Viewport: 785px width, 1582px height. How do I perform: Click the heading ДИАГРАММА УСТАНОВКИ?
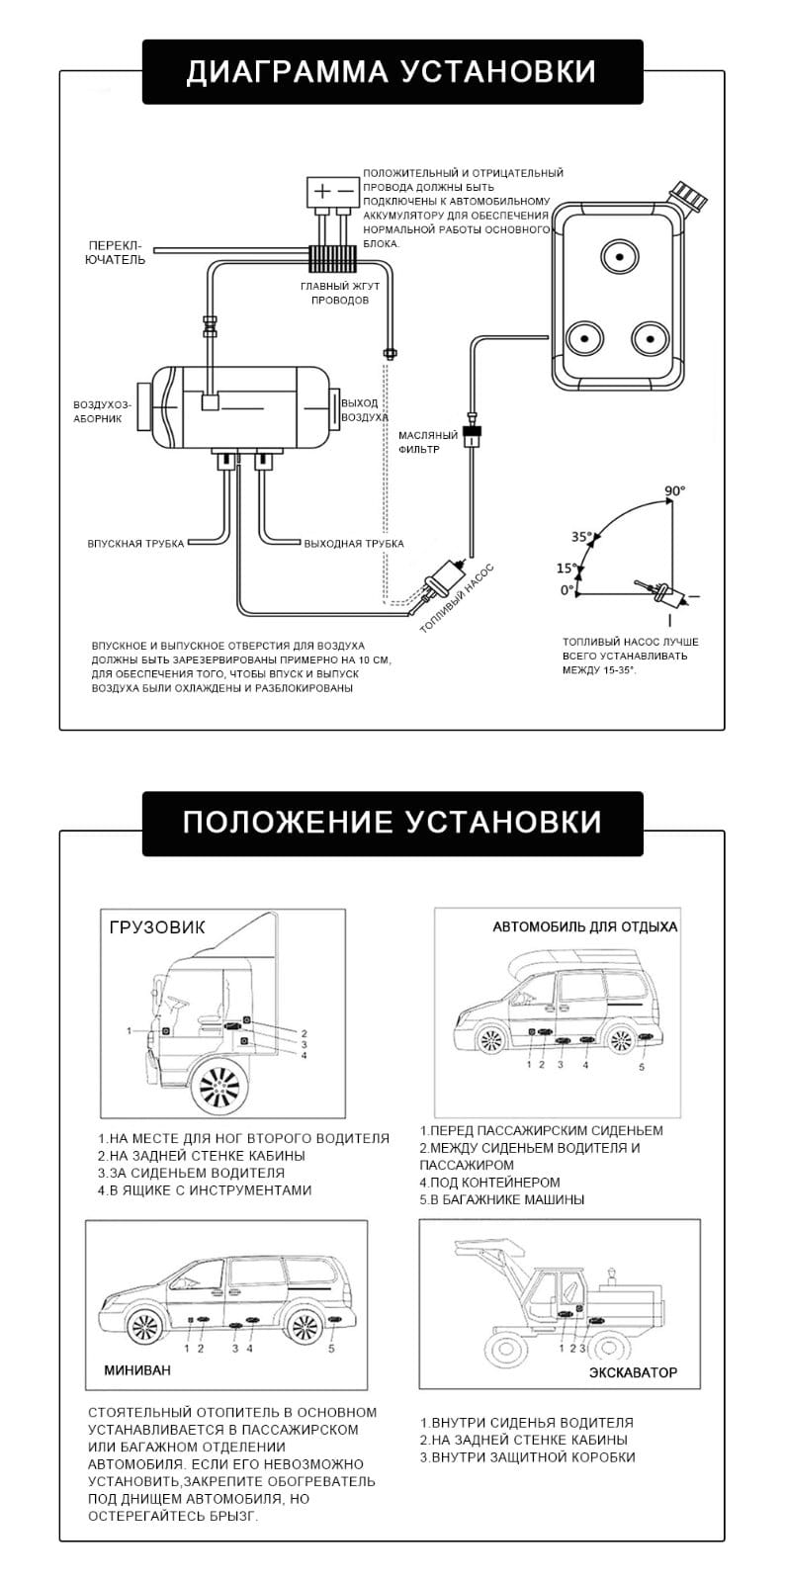click(x=392, y=72)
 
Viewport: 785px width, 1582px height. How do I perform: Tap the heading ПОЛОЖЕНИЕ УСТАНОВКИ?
click(x=392, y=823)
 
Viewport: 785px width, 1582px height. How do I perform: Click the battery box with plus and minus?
click(x=332, y=191)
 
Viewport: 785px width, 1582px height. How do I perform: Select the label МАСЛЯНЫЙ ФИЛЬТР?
click(x=427, y=442)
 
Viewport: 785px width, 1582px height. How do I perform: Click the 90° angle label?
click(x=674, y=490)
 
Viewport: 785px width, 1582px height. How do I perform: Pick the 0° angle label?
click(x=566, y=590)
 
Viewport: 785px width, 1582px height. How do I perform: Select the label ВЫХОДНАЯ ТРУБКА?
click(x=354, y=544)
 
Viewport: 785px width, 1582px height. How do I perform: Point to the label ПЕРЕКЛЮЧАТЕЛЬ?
click(x=117, y=252)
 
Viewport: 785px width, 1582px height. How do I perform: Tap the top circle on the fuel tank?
click(x=620, y=256)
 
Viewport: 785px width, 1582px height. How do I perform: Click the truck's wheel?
click(x=219, y=1088)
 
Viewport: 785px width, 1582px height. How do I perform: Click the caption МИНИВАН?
click(x=136, y=1370)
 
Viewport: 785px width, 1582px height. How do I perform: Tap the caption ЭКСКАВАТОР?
click(x=633, y=1372)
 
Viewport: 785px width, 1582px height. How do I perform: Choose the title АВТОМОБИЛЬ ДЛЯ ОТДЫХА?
click(x=584, y=927)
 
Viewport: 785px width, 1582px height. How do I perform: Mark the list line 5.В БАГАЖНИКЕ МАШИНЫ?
click(x=501, y=1199)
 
